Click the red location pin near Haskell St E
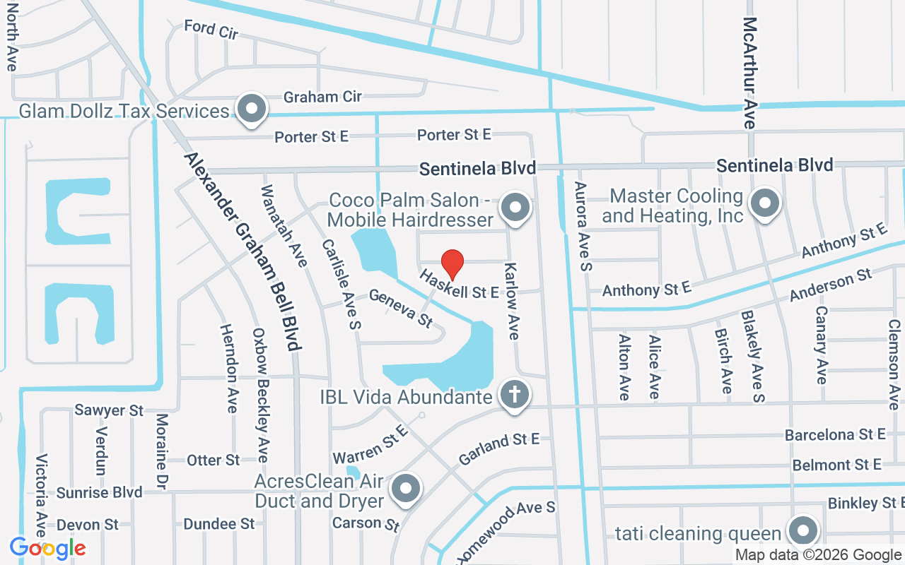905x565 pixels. [x=452, y=264]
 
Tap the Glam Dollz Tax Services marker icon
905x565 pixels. [x=250, y=109]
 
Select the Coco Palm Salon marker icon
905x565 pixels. [x=515, y=208]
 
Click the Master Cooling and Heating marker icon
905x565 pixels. [x=764, y=204]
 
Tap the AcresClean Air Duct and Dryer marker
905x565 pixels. [x=406, y=488]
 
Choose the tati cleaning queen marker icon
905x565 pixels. [x=802, y=530]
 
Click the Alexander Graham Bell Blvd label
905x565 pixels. [x=243, y=251]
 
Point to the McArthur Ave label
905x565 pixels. [x=750, y=73]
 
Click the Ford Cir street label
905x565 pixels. [x=211, y=30]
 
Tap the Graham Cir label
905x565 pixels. [x=322, y=97]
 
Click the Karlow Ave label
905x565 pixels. [x=512, y=302]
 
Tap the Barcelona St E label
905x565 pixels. [x=835, y=434]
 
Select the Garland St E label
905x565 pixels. [x=499, y=448]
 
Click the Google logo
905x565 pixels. [x=47, y=548]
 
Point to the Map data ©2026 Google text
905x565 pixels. [x=818, y=555]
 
